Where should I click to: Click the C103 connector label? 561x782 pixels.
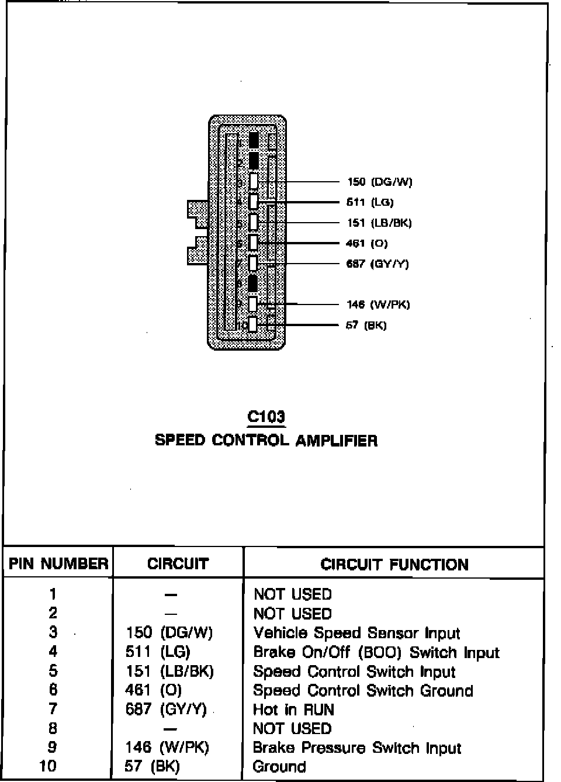(x=266, y=417)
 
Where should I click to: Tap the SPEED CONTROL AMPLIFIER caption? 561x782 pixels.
(x=266, y=440)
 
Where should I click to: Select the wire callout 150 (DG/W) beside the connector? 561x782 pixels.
(x=379, y=182)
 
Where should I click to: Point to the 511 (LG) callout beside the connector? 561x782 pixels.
(x=370, y=202)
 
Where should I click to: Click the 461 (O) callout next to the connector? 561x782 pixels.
(x=367, y=243)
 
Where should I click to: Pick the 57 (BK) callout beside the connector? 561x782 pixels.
(x=366, y=325)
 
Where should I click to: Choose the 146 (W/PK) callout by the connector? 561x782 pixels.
(x=378, y=304)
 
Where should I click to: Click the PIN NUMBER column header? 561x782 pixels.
(x=58, y=563)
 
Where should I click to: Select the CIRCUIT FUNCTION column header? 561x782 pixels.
(x=394, y=564)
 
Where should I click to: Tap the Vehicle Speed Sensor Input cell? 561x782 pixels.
(x=356, y=633)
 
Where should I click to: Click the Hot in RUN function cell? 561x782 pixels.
(x=293, y=710)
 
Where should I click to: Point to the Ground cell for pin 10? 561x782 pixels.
(x=279, y=766)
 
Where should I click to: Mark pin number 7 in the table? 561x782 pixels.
(x=53, y=710)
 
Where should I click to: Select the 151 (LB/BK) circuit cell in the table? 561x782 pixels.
(x=169, y=671)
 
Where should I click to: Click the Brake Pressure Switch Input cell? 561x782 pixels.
(x=356, y=748)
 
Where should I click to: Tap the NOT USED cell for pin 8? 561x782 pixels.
(x=292, y=728)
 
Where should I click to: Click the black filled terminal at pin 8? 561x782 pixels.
(x=253, y=283)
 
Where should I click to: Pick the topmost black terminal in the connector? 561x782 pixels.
(x=254, y=140)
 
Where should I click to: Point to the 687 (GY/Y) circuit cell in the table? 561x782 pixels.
(x=166, y=710)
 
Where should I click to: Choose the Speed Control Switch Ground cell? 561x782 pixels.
(x=362, y=690)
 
